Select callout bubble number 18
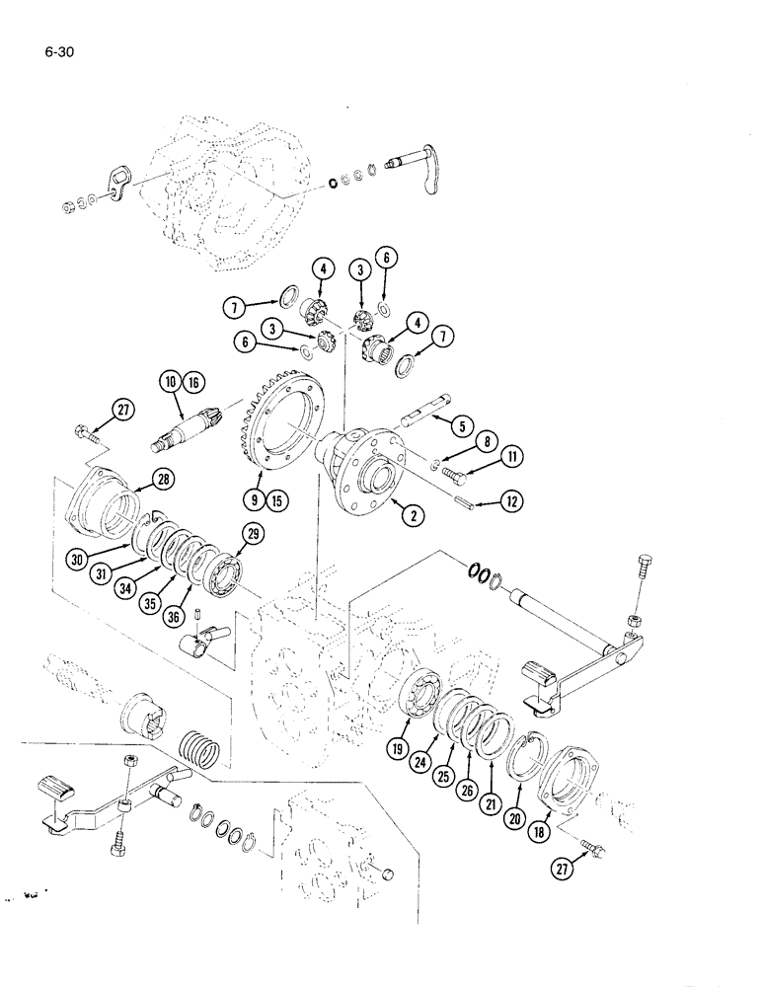point(541,807)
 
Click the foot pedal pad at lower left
point(57,789)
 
